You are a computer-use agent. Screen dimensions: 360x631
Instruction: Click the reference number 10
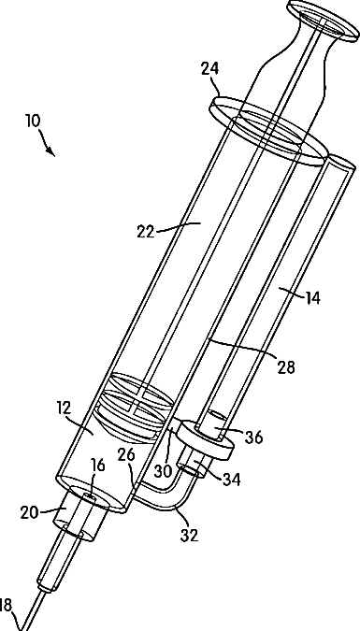34,121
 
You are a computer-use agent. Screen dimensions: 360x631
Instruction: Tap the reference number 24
209,68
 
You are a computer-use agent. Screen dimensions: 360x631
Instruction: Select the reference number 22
145,232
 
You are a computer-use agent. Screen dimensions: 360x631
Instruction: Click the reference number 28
286,367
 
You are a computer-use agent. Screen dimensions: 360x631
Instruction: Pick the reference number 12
64,408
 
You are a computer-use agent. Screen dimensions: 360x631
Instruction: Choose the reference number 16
97,466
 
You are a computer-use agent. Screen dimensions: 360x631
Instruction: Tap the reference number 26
126,454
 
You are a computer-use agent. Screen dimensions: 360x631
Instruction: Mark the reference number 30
164,471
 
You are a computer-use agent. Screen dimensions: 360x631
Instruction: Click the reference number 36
254,437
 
